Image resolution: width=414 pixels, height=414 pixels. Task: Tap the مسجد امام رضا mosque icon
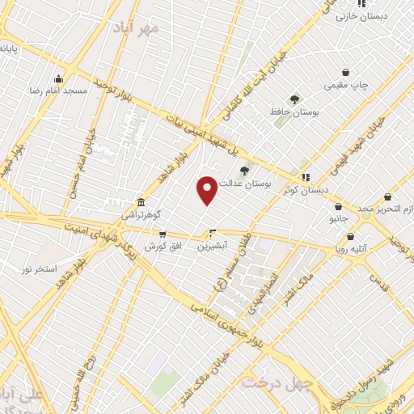click(x=58, y=78)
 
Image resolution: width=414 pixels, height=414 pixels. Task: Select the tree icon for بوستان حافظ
click(x=294, y=99)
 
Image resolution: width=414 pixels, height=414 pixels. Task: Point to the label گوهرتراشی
click(x=141, y=216)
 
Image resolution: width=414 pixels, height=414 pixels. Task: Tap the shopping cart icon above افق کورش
click(x=163, y=234)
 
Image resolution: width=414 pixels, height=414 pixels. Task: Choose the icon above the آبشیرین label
click(x=213, y=234)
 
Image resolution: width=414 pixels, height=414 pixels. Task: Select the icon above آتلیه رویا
click(x=352, y=237)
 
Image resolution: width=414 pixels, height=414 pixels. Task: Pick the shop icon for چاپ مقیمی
click(x=346, y=72)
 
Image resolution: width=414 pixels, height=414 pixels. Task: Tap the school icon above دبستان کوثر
click(x=306, y=176)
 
